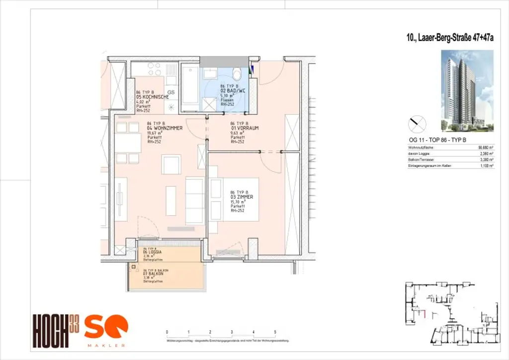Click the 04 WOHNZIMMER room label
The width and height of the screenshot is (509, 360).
pos(165,128)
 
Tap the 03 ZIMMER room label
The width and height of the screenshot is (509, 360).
pos(242,197)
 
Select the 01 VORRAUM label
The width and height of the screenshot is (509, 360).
pos(245,128)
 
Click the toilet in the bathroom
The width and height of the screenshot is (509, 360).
pos(237,74)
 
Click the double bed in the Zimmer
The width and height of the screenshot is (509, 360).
pos(234,199)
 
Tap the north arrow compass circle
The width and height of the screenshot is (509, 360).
pos(417,124)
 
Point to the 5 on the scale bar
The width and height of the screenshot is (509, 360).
pos(275,332)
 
